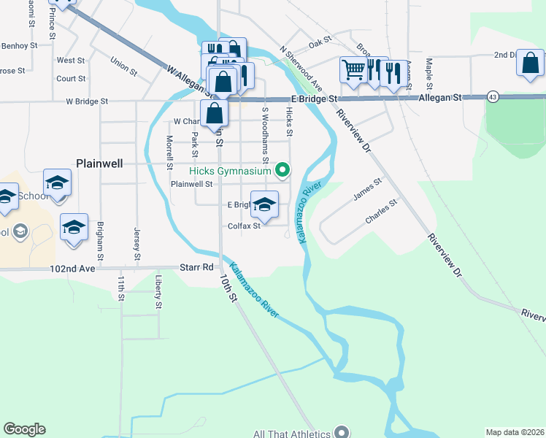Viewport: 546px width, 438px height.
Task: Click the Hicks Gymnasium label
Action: pyautogui.click(x=230, y=172)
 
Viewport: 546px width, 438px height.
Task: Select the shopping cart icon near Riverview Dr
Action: pyautogui.click(x=353, y=71)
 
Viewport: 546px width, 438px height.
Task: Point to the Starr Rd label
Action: pyautogui.click(x=196, y=268)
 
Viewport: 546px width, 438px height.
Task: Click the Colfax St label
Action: pyautogui.click(x=244, y=226)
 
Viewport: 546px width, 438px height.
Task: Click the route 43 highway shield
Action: pyautogui.click(x=493, y=97)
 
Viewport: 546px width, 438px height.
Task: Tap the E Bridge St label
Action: pyautogui.click(x=315, y=98)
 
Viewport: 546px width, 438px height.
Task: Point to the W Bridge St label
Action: pyautogui.click(x=87, y=101)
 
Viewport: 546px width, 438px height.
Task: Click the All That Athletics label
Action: pyautogui.click(x=292, y=434)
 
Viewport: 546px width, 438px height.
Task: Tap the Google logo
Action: pyautogui.click(x=24, y=429)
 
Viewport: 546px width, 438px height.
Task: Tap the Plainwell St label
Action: pyautogui.click(x=191, y=185)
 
